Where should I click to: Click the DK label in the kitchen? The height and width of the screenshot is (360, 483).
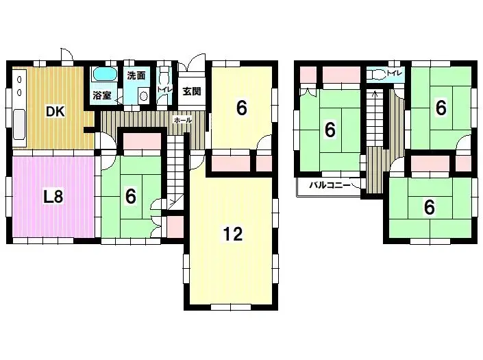point(55,111)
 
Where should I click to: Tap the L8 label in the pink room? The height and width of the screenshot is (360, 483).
point(53,197)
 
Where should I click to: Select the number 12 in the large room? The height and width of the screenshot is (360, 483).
point(233,234)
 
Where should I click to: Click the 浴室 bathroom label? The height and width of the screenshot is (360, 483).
point(101,96)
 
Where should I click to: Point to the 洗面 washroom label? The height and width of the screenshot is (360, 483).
point(136,75)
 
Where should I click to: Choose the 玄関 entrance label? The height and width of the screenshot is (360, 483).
point(192,91)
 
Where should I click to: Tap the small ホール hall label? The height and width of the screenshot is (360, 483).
point(183,119)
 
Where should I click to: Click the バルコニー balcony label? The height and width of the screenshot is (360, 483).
point(330,185)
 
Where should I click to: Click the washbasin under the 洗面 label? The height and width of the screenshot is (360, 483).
point(143,97)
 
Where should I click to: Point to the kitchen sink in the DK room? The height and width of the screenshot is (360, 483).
point(19,126)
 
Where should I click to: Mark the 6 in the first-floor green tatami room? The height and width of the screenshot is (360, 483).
point(130,196)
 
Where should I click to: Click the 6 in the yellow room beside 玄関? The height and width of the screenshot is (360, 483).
point(241,108)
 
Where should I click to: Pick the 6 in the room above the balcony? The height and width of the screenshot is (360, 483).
point(330,128)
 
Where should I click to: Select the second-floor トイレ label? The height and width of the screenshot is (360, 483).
point(395,71)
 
